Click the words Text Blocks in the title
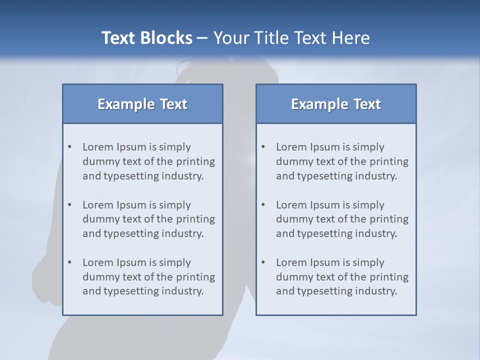point(146,38)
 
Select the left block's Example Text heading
point(142,104)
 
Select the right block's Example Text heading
point(336,104)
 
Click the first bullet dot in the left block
point(70,147)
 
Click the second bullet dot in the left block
point(70,205)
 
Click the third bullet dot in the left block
point(70,262)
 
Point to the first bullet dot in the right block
point(263,147)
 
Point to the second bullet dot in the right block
point(263,205)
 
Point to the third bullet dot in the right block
point(263,262)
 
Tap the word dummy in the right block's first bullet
point(293,161)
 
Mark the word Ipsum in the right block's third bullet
point(325,262)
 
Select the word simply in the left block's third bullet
point(175,262)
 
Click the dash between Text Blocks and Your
point(203,38)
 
